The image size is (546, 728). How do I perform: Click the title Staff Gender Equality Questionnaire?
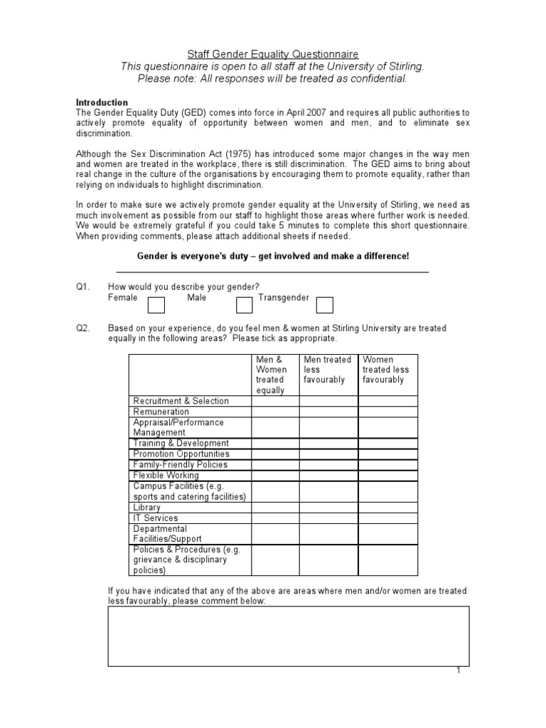click(x=273, y=54)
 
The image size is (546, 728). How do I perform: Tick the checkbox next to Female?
click(x=156, y=305)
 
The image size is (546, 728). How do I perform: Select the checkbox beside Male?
click(x=244, y=305)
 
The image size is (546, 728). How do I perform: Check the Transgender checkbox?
click(x=324, y=305)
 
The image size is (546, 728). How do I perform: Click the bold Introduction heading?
click(x=102, y=102)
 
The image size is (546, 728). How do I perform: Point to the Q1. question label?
click(x=84, y=287)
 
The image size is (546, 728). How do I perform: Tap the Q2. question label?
click(x=84, y=328)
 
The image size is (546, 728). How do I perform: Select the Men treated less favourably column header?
click(x=327, y=370)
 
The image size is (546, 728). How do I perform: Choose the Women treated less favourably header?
click(x=387, y=370)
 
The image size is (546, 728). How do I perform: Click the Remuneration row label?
click(x=161, y=412)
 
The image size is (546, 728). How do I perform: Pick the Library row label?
click(x=147, y=508)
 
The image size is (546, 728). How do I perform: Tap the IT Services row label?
click(x=156, y=518)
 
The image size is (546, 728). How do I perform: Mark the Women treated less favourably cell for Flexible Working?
click(x=387, y=476)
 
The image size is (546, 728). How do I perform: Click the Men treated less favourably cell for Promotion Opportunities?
click(x=328, y=454)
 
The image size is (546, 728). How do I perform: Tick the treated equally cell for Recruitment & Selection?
click(x=274, y=401)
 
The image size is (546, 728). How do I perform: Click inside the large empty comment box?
click(x=288, y=636)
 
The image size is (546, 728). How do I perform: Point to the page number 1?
click(x=459, y=671)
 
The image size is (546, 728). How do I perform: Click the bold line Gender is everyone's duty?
click(x=272, y=256)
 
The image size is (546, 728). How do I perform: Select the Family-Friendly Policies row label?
click(x=181, y=465)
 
